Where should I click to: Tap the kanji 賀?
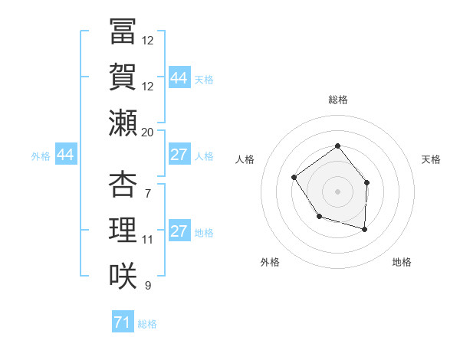[122, 78]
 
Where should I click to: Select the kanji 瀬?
[122, 123]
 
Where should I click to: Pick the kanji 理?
[122, 230]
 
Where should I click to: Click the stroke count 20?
[147, 132]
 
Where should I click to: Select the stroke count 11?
[147, 239]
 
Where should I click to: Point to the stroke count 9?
[147, 285]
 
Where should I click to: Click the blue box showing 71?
[121, 322]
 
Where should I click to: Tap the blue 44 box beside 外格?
[65, 155]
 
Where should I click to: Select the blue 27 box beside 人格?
[179, 155]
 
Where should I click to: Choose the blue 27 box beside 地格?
[179, 231]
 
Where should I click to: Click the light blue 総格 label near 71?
[146, 324]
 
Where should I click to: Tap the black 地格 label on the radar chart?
[402, 262]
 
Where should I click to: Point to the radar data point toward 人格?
[294, 178]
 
